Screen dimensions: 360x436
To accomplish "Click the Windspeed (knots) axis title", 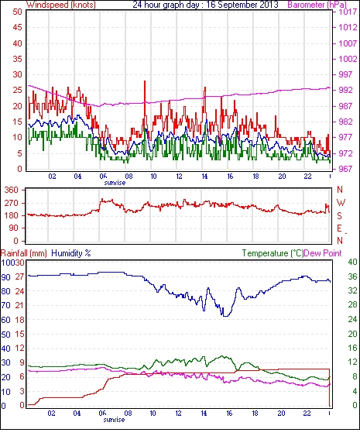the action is (x=61, y=5).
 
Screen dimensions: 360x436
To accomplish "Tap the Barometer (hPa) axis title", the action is (x=317, y=5).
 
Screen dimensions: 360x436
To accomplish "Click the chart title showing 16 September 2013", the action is (x=205, y=5).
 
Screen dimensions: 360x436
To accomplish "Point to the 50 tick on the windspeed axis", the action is (x=17, y=12).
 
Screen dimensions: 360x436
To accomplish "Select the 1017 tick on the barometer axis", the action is (x=348, y=12).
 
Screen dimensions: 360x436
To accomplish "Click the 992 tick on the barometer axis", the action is (x=345, y=90).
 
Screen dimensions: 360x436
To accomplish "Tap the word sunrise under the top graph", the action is (x=115, y=183).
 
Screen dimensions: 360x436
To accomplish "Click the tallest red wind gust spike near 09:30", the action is (x=145, y=81).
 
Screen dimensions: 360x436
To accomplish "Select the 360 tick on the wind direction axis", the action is (x=12, y=190).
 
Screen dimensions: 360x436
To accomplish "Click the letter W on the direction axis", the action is (x=341, y=203).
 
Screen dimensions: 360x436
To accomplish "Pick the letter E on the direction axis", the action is (x=339, y=228).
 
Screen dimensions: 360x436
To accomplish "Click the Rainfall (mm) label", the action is (x=24, y=253).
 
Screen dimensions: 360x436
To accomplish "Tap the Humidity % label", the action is (x=71, y=253).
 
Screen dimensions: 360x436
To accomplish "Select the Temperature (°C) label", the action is (x=273, y=253).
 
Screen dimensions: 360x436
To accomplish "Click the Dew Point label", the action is (x=323, y=253).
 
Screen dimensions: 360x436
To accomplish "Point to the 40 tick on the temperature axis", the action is (x=353, y=262).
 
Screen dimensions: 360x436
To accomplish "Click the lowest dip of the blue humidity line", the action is (x=226, y=316).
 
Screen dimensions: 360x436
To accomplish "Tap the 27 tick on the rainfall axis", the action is (x=20, y=277).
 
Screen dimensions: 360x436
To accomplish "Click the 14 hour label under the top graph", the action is (x=204, y=177).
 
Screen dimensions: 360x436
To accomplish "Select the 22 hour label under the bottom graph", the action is (x=307, y=414).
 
